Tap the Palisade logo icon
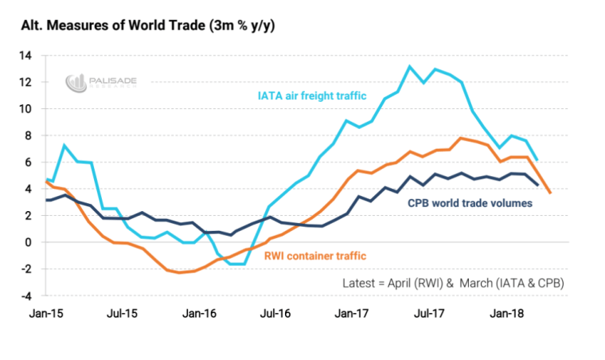tap(76, 82)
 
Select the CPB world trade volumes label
tap(470, 202)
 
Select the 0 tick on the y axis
tap(28, 242)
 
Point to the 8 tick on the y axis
tap(28, 135)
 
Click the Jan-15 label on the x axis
tap(49, 315)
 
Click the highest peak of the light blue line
tap(409, 66)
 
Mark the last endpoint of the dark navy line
tap(537, 185)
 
